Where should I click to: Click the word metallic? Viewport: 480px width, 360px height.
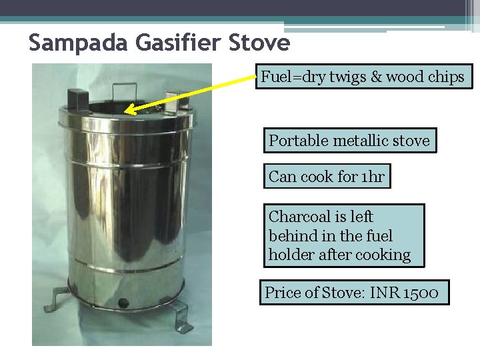click(x=360, y=141)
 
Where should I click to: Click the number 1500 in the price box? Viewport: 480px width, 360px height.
click(x=421, y=293)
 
